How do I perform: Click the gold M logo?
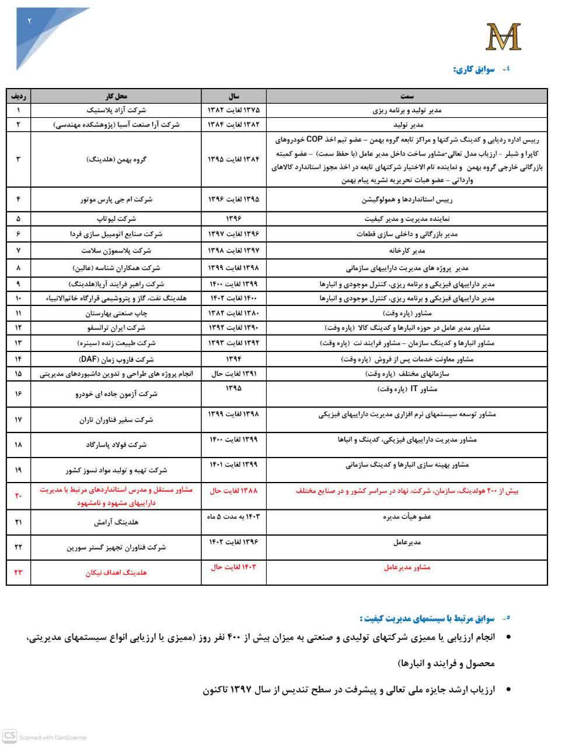[502, 37]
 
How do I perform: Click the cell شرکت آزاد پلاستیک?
[116, 110]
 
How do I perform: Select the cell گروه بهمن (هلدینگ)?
[116, 159]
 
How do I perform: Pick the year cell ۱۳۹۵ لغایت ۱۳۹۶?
[233, 199]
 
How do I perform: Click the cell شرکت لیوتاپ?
[116, 219]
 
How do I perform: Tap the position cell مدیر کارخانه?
[407, 251]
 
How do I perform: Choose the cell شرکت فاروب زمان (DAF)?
[116, 359]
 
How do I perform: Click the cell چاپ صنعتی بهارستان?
[116, 313]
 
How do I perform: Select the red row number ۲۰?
[18, 496]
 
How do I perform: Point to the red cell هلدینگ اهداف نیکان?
[116, 572]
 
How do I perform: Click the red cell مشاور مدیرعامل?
[407, 567]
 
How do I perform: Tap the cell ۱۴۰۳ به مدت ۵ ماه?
[233, 516]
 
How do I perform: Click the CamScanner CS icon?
[9, 736]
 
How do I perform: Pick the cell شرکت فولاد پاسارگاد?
[116, 445]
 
